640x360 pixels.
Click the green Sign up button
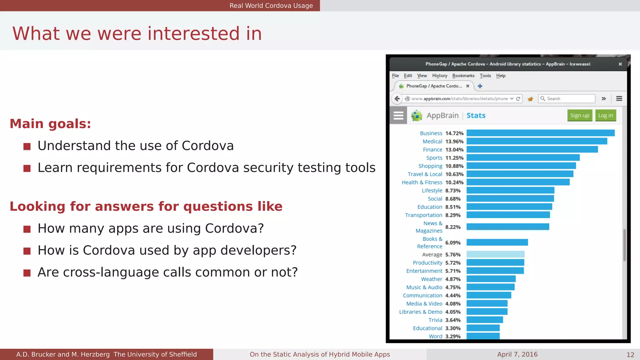pyautogui.click(x=580, y=116)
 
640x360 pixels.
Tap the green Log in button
pyautogui.click(x=606, y=116)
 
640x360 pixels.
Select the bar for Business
pyautogui.click(x=540, y=133)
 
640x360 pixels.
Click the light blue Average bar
pyautogui.click(x=495, y=254)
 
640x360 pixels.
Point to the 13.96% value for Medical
pyautogui.click(x=454, y=142)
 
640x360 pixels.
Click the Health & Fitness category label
pyautogui.click(x=422, y=182)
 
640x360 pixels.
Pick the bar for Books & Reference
pyautogui.click(x=497, y=242)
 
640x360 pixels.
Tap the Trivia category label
pyautogui.click(x=435, y=320)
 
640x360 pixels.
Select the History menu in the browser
pyautogui.click(x=439, y=76)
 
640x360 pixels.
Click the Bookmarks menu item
pyautogui.click(x=463, y=76)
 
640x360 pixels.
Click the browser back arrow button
pyautogui.click(x=397, y=99)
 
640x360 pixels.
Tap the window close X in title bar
pyautogui.click(x=620, y=64)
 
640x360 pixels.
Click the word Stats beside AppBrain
pyautogui.click(x=476, y=116)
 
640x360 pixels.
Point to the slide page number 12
pyautogui.click(x=630, y=355)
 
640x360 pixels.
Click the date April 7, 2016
pyautogui.click(x=517, y=354)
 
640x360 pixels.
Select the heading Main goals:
pyautogui.click(x=50, y=124)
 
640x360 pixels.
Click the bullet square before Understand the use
pyautogui.click(x=27, y=146)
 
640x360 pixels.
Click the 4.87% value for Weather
pyautogui.click(x=453, y=279)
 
